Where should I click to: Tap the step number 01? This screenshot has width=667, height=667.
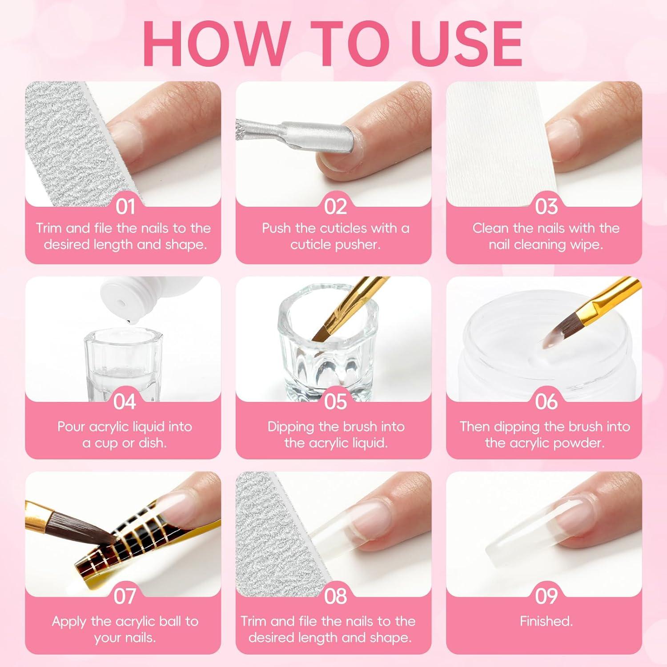125,207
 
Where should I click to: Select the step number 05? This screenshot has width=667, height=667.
335,402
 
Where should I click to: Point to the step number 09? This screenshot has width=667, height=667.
546,596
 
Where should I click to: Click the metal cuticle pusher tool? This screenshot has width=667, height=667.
293,134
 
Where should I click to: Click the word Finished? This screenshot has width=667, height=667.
546,621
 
